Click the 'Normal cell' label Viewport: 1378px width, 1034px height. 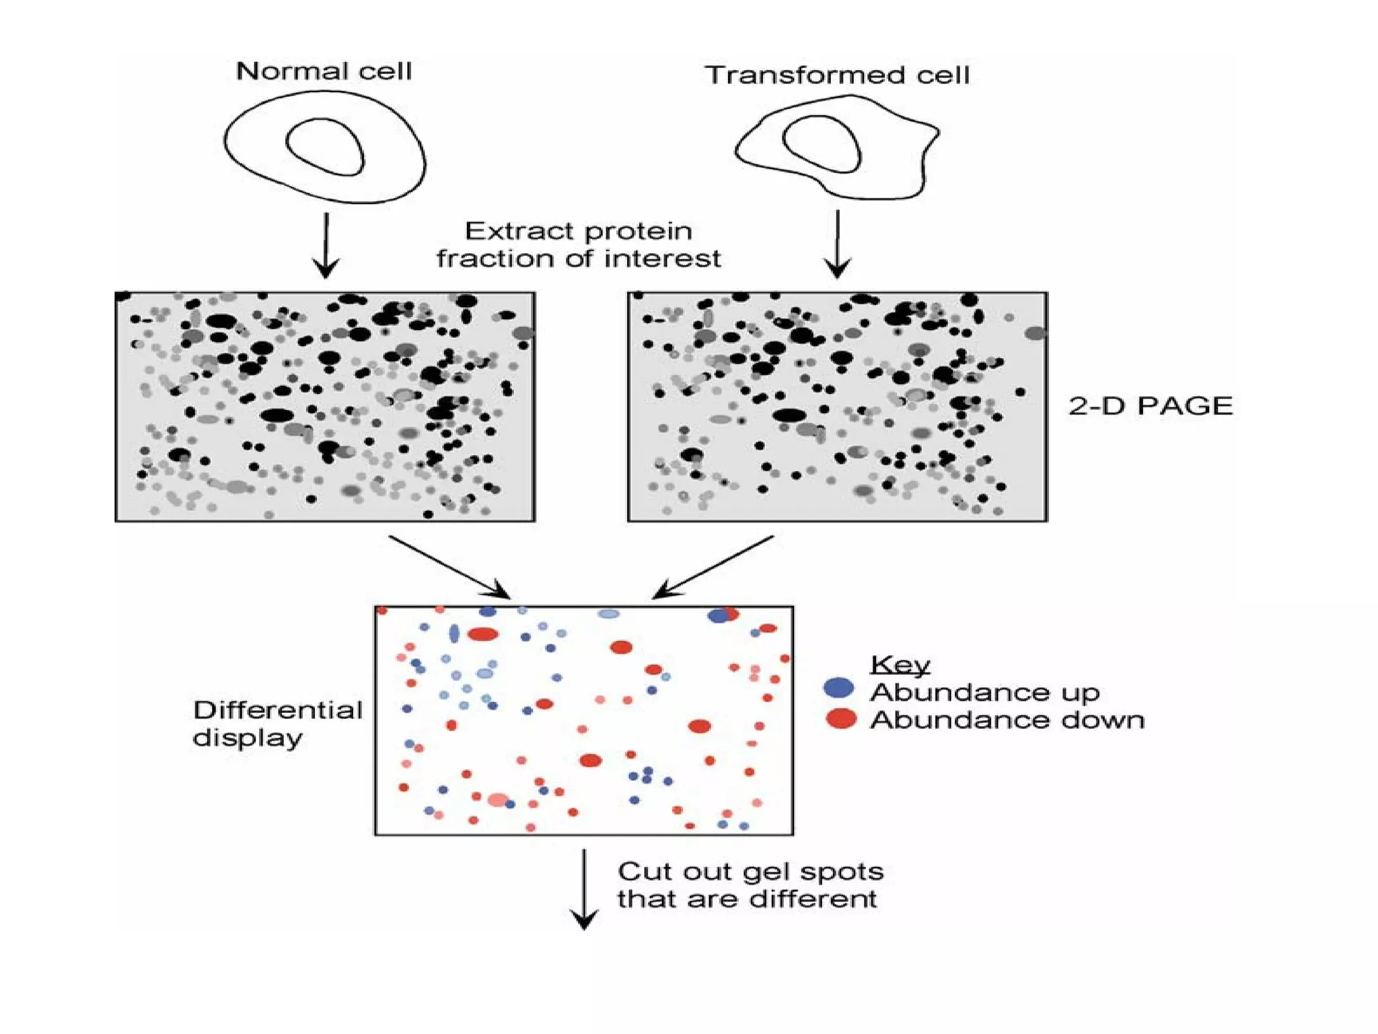[x=324, y=71]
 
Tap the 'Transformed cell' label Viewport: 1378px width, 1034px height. [x=836, y=75]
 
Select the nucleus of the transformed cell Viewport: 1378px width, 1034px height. [x=822, y=143]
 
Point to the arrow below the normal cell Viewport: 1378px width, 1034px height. [x=326, y=245]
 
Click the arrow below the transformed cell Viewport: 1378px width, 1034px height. [x=838, y=244]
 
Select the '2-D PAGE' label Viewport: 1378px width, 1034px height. [x=1150, y=406]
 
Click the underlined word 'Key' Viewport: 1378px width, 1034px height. [x=900, y=664]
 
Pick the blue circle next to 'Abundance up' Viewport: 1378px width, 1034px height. [x=838, y=688]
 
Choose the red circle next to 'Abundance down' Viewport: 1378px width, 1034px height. [x=841, y=719]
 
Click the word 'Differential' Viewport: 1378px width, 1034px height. [x=277, y=710]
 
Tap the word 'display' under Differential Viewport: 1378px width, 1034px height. [x=247, y=738]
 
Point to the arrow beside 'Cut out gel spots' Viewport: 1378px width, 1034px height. [x=584, y=889]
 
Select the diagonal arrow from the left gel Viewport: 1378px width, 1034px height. [x=449, y=566]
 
